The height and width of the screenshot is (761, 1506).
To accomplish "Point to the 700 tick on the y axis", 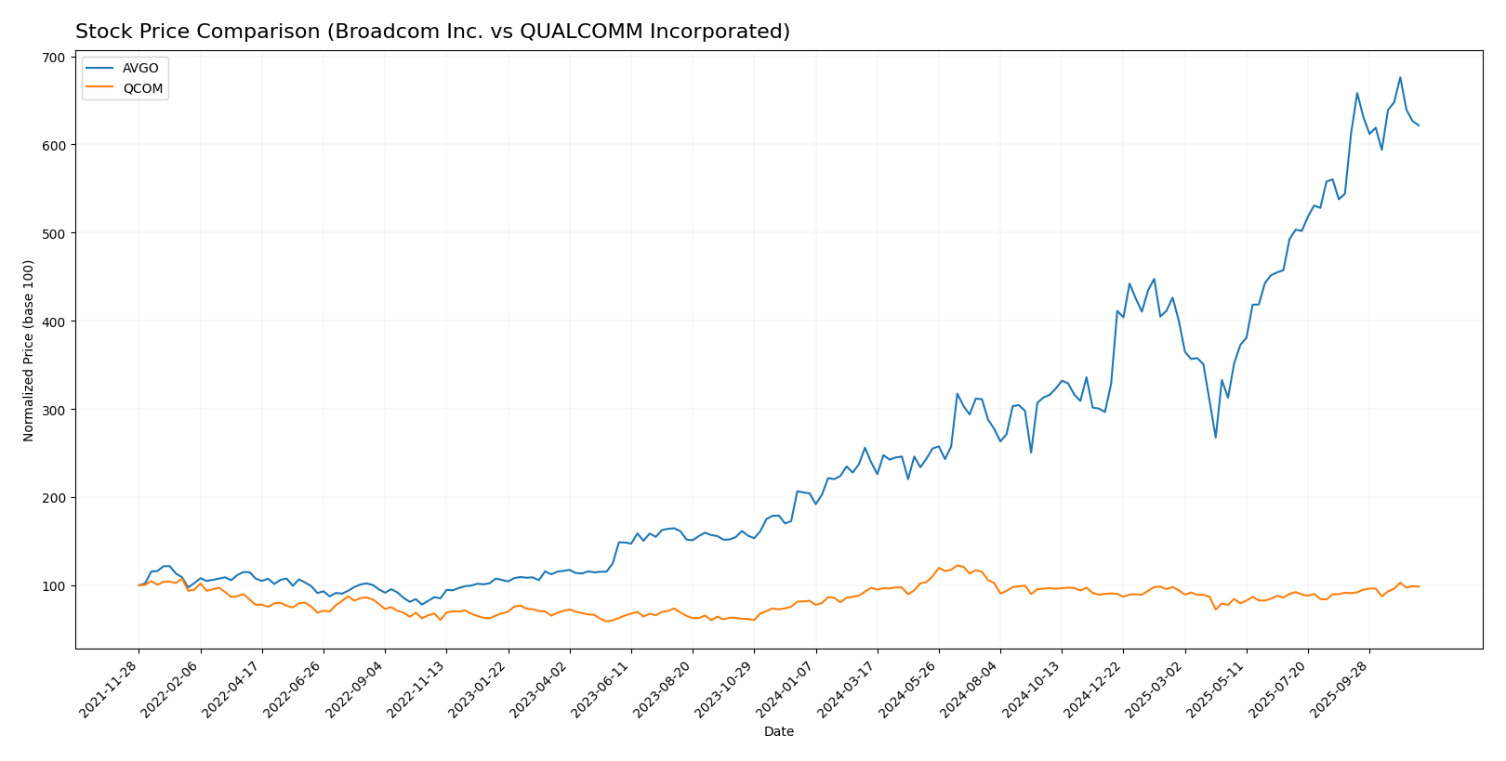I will point(54,58).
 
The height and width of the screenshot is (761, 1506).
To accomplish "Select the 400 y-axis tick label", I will point(54,321).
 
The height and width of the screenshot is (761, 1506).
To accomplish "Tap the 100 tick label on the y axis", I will point(54,586).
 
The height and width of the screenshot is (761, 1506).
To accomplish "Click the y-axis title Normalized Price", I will point(29,350).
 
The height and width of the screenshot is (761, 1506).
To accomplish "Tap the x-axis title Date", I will point(779,732).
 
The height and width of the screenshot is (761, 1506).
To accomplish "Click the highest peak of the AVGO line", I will point(1400,77).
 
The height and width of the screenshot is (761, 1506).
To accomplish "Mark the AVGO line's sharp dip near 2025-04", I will point(1215,438).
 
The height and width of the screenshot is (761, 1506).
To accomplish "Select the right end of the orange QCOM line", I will point(1419,586).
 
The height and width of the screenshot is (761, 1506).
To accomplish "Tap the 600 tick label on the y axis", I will point(54,146).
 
